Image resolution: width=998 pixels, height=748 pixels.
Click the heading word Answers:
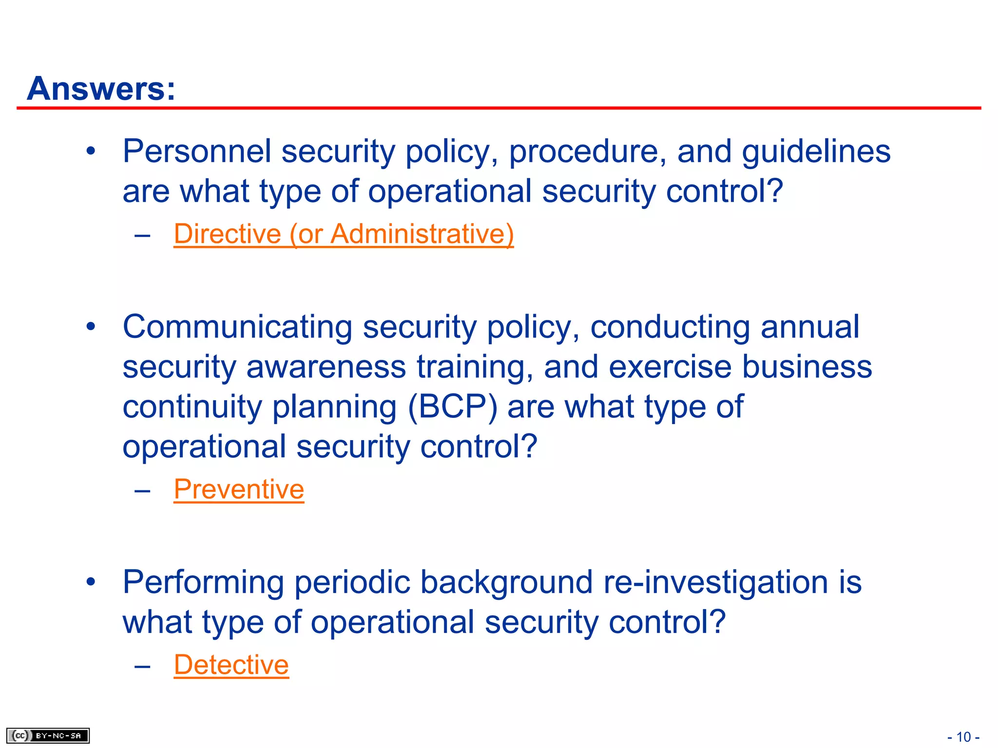pos(101,89)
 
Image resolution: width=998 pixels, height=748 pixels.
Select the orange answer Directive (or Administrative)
pos(344,234)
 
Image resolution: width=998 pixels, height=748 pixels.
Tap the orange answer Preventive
pos(239,489)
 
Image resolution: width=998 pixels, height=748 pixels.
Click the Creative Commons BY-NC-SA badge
pos(48,735)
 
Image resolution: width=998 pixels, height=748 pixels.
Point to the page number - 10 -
pos(963,737)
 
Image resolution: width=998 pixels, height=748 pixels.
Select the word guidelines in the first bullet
pos(816,152)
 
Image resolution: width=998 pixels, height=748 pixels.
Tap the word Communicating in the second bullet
pos(237,327)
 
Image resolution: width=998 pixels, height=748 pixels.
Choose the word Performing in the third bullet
pos(203,582)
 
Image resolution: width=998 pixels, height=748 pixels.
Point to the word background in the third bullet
pos(506,582)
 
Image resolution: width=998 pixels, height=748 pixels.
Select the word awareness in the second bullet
pos(326,367)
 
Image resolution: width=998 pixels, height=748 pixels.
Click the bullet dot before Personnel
pos(91,151)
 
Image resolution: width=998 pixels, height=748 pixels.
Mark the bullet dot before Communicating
pos(91,327)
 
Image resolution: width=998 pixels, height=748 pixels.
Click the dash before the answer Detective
pos(142,665)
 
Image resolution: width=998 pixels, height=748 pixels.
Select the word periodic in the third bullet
pos(352,582)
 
